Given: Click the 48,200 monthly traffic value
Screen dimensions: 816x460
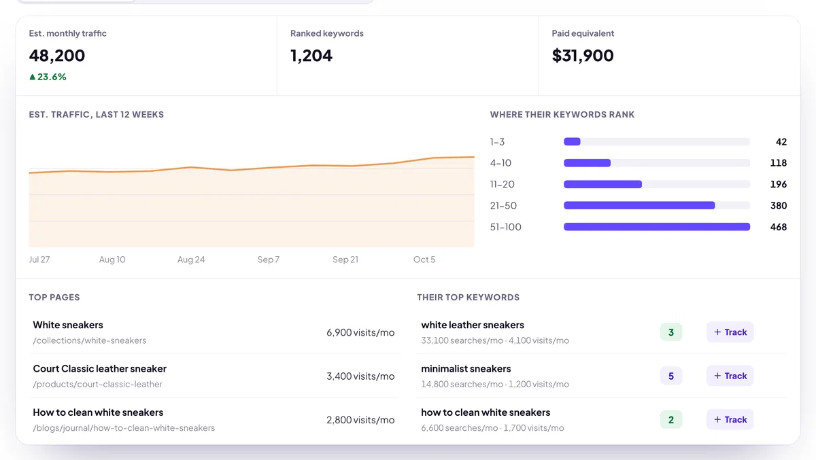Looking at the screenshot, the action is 57,56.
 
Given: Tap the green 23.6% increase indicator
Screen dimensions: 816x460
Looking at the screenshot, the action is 48,77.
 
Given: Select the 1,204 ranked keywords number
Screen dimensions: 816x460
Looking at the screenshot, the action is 311,56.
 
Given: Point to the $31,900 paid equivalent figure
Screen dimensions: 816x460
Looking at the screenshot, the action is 583,56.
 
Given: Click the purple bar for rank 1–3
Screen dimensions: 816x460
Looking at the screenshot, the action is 572,141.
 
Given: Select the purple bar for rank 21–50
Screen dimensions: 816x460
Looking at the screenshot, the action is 639,206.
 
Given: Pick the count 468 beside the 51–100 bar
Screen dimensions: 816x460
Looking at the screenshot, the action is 779,227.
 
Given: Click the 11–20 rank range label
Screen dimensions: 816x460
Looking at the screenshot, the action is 503,184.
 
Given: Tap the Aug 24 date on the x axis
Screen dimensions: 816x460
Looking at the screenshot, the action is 191,260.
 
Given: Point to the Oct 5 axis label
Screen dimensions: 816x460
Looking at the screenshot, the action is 424,260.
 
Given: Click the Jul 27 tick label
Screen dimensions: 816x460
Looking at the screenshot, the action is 39,260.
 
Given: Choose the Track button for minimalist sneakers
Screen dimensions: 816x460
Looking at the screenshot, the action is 730,376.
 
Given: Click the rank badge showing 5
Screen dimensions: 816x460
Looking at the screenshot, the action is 671,376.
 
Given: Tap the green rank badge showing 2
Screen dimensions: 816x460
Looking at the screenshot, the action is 671,420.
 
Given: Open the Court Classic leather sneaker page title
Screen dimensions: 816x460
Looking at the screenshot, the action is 100,369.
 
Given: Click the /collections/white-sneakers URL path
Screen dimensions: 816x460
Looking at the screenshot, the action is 90,340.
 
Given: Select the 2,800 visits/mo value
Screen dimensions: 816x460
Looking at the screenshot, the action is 360,420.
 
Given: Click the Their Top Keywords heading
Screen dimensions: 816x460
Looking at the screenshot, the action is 468,298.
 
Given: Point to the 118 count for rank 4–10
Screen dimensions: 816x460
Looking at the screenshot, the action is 779,162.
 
